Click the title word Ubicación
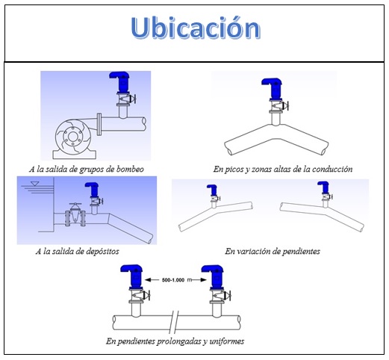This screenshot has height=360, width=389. point(196,28)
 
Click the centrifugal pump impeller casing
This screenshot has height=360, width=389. point(72,136)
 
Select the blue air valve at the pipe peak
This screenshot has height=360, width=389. point(273,88)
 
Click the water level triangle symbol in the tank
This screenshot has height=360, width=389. point(35,184)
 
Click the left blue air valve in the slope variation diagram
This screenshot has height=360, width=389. point(212,190)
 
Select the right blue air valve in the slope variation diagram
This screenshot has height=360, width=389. point(323,187)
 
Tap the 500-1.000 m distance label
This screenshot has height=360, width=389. point(177,280)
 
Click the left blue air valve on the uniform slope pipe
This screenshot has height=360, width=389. point(132,276)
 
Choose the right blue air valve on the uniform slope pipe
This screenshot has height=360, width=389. point(214,276)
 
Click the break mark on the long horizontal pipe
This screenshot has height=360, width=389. point(174,323)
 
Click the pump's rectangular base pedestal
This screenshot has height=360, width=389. point(75,155)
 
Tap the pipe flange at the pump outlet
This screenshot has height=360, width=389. point(99,124)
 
